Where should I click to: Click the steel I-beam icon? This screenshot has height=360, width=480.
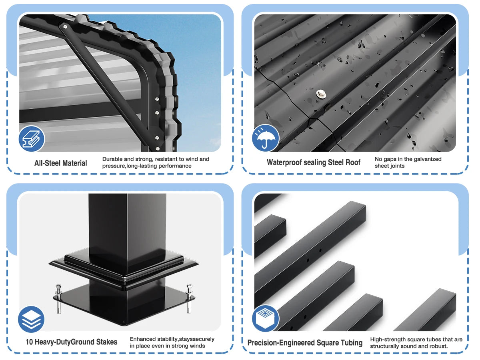point(32,138)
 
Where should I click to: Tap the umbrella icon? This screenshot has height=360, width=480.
point(265,138)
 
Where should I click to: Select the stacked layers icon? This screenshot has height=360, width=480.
point(31,319)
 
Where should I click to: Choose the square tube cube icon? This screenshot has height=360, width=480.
point(265,318)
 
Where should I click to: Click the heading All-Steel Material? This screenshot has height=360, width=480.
point(60,163)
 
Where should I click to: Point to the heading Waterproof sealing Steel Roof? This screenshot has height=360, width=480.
point(313,162)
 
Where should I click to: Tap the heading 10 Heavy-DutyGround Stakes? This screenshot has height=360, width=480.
point(72,342)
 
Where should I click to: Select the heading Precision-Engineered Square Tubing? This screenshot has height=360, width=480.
point(305,343)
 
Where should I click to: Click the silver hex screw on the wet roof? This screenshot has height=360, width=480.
point(321,94)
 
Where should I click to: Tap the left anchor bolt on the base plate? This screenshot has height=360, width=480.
point(59,298)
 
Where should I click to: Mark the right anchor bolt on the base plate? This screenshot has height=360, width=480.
point(189,298)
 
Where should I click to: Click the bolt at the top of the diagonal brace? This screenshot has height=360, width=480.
point(65,27)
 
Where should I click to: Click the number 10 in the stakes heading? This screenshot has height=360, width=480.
point(29,342)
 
